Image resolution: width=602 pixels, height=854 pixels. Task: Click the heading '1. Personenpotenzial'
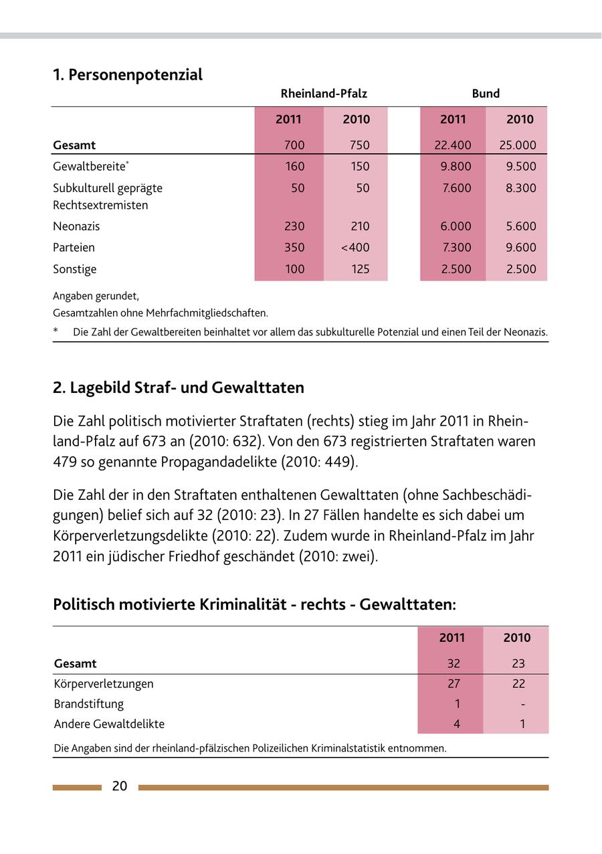[x=128, y=75]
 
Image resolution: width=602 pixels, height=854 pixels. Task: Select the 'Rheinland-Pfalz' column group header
[x=324, y=94]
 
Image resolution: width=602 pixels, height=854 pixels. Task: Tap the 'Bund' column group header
[x=486, y=94]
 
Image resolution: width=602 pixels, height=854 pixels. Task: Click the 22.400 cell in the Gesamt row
[x=453, y=145]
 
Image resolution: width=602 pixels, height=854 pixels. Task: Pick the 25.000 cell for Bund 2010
[x=518, y=145]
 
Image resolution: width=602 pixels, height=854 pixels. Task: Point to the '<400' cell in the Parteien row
[x=355, y=248]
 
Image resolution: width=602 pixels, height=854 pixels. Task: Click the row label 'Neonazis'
[x=76, y=226]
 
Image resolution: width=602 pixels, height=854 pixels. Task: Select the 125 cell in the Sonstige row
[x=360, y=269]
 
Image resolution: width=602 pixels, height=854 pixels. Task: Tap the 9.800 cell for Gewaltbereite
[x=456, y=167]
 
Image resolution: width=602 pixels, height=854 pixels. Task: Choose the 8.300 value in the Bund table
[x=520, y=188]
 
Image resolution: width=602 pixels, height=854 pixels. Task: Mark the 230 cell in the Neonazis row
[x=294, y=226]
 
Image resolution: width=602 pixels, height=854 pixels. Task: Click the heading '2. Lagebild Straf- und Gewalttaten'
[x=179, y=388]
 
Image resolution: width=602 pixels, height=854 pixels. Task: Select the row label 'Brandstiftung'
[x=89, y=704]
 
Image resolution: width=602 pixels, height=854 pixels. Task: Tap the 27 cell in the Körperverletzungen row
[x=454, y=684]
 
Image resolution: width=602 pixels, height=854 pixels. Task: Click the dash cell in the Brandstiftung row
[x=522, y=704]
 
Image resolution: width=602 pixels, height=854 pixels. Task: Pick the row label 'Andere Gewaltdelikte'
[x=109, y=724]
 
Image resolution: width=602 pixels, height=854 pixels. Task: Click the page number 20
[x=120, y=786]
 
